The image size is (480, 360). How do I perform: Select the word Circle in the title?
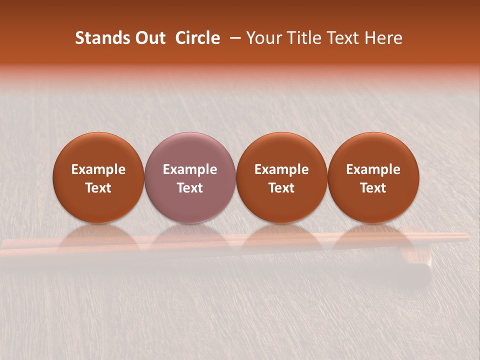pyautogui.click(x=197, y=38)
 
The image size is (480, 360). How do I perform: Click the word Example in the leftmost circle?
pyautogui.click(x=98, y=169)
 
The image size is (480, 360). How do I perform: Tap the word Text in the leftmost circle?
pyautogui.click(x=98, y=188)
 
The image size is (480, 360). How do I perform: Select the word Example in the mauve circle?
pyautogui.click(x=190, y=169)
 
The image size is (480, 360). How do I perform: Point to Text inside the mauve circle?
pyautogui.click(x=190, y=188)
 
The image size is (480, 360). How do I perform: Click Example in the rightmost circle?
pyautogui.click(x=373, y=169)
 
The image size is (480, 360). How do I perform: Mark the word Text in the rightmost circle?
pyautogui.click(x=373, y=188)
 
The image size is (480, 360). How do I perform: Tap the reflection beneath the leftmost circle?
pyautogui.click(x=98, y=237)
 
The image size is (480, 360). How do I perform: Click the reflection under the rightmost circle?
pyautogui.click(x=373, y=237)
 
